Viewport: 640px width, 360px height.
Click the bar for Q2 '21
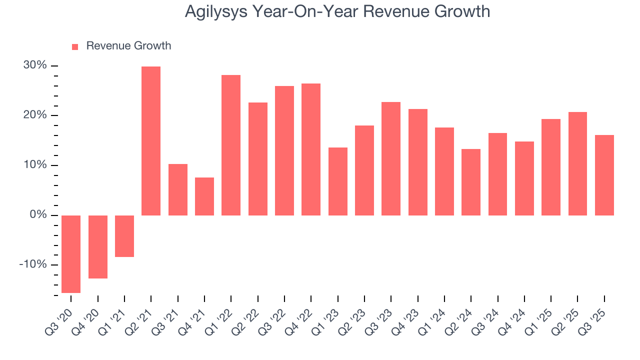pos(151,141)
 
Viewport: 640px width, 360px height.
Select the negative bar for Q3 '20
pos(71,254)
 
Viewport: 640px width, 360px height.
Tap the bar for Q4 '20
pos(98,247)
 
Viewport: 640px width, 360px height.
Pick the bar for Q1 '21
pos(124,236)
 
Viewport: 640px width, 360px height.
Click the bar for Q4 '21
pos(204,196)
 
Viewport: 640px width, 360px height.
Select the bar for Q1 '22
pos(231,145)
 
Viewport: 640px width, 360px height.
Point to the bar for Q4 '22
pos(311,149)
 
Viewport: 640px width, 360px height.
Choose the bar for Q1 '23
pos(338,181)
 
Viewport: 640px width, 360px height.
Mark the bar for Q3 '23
pos(391,158)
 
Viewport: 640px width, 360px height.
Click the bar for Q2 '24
pos(471,182)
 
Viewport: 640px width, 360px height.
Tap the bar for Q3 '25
pos(604,175)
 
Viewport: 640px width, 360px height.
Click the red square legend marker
pos(75,46)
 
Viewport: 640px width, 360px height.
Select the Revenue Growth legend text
pos(128,46)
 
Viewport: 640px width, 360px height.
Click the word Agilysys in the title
pos(215,11)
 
